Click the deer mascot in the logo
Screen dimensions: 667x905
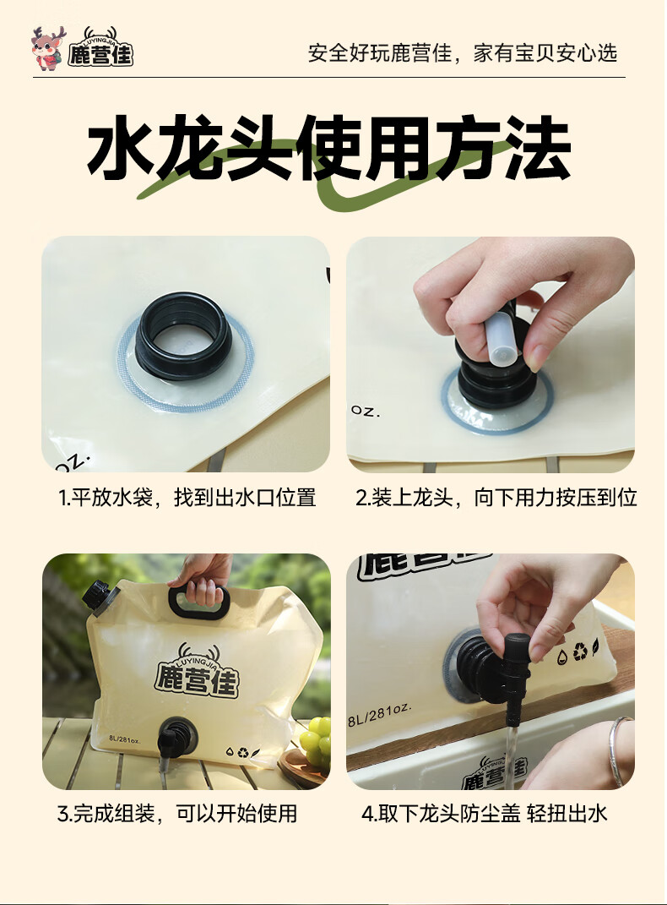47,48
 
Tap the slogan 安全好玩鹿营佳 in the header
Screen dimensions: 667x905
379,53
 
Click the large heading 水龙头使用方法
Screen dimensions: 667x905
328,147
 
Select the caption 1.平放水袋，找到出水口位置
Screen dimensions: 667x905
187,498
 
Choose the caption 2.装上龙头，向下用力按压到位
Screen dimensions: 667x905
496,498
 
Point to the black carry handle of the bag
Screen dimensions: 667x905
199,600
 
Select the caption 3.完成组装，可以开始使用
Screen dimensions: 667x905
177,814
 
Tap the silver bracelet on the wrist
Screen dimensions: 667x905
620,750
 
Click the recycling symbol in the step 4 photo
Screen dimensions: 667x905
580,651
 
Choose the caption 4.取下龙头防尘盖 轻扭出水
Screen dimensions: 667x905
485,814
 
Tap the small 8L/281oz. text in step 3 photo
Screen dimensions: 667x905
124,739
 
